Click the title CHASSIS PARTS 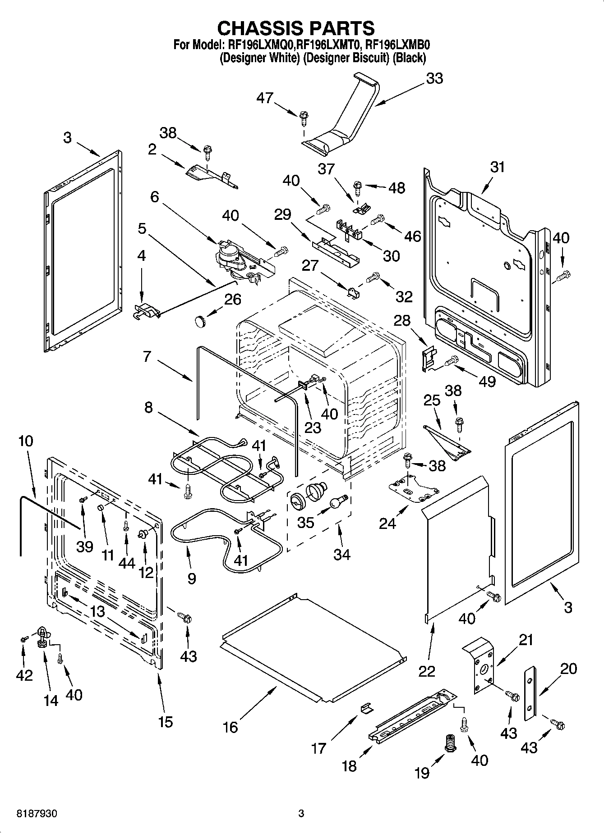(x=296, y=28)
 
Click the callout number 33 (x=434, y=78)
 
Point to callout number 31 (x=498, y=167)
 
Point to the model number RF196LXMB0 (x=398, y=45)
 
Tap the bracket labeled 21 (x=480, y=665)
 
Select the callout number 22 (x=427, y=671)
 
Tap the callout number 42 (x=24, y=674)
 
